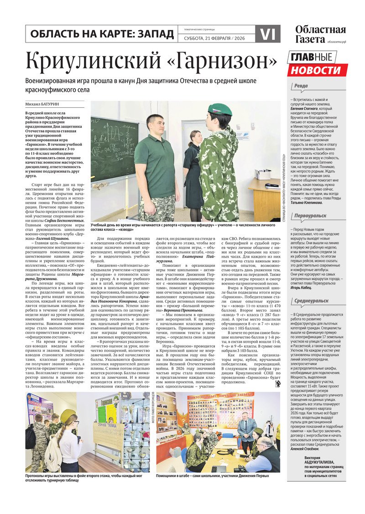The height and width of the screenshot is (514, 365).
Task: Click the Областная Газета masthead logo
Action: [x=320, y=34]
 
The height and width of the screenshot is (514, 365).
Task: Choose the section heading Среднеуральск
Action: [x=311, y=301]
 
